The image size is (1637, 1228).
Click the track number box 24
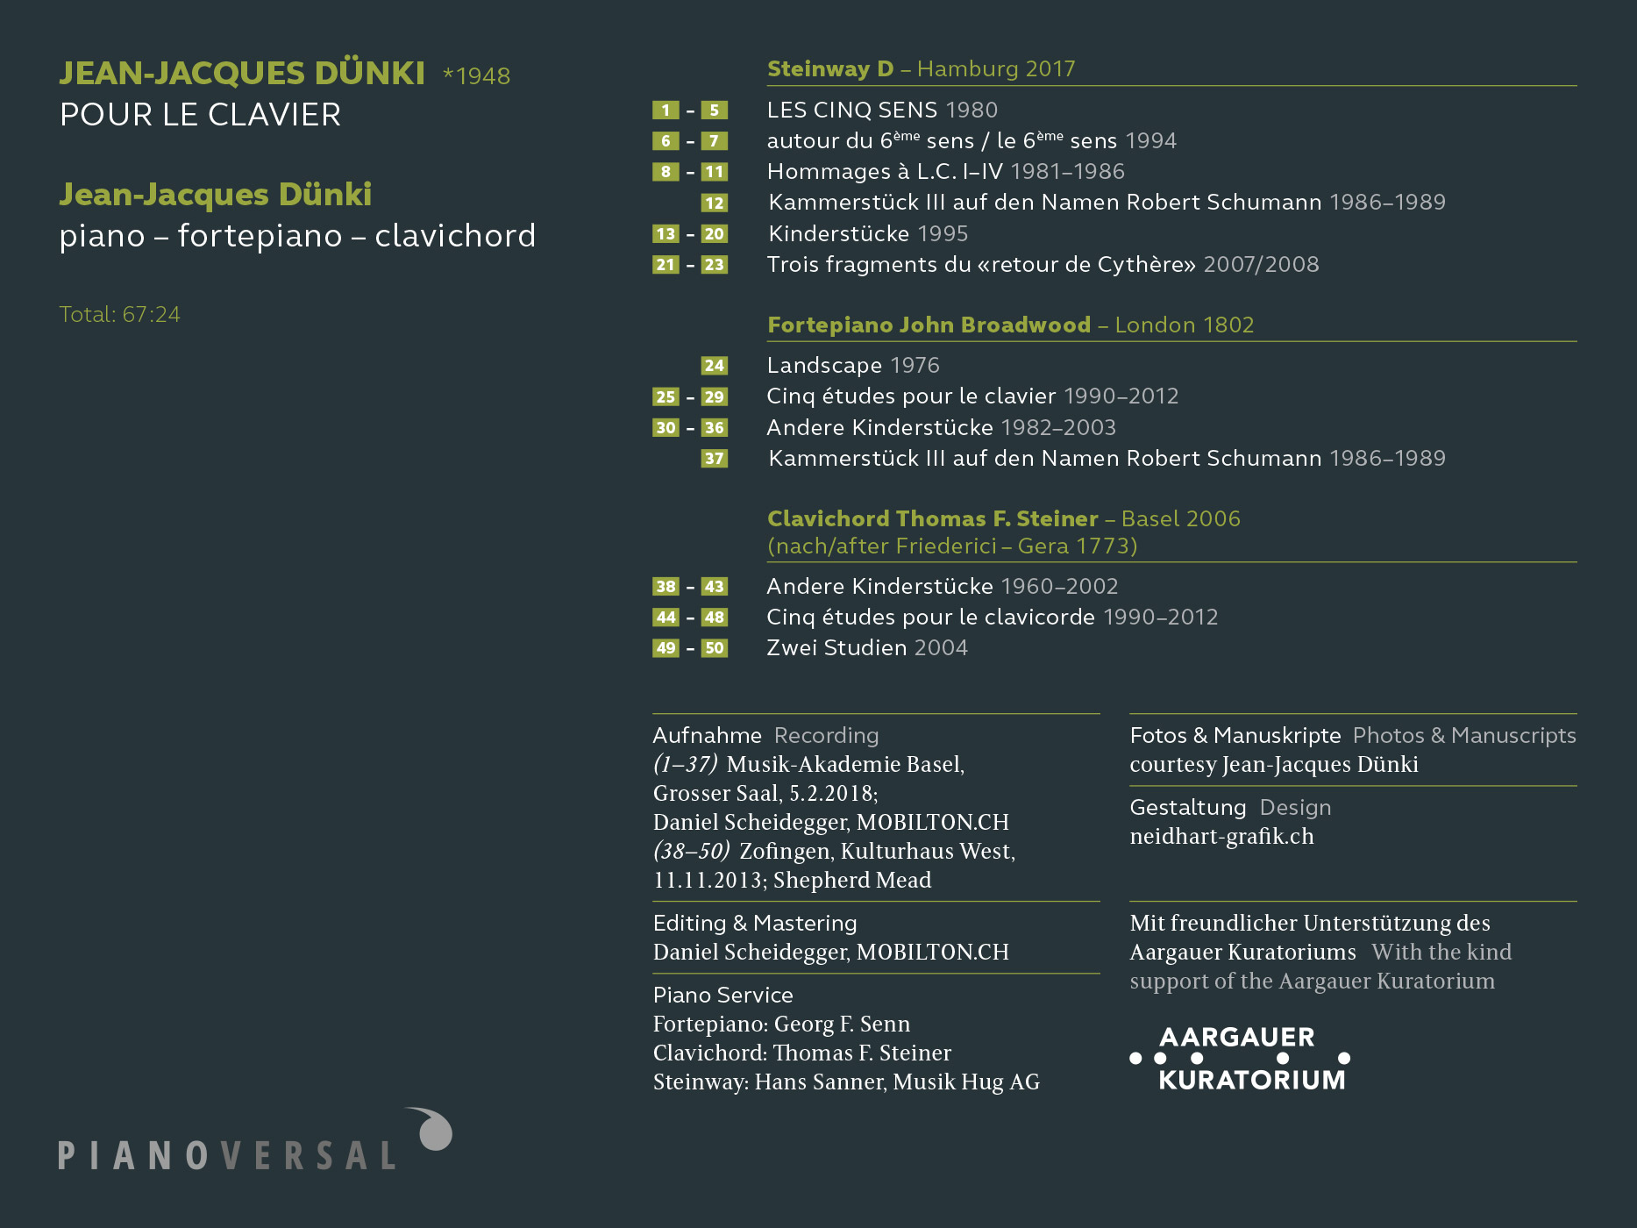coord(714,366)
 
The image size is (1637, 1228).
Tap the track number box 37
coord(714,459)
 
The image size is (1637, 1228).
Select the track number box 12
coord(714,203)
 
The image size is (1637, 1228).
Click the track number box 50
coord(714,648)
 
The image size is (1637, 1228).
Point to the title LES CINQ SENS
coord(852,111)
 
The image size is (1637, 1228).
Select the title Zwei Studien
coord(836,648)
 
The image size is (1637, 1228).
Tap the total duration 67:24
coord(152,315)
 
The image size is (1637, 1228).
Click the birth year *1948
coord(477,76)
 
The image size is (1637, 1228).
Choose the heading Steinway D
coord(830,69)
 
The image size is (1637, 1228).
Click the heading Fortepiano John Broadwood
coord(929,325)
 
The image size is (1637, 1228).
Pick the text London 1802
coord(1185,325)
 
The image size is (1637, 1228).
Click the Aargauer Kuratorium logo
coord(1240,1059)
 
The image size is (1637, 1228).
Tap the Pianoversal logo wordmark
coord(227,1155)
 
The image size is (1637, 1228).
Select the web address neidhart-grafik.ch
coord(1221,837)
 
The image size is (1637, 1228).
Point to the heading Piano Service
coord(722,996)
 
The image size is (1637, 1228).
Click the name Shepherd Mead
coord(851,881)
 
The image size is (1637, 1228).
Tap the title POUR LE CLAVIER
coord(200,115)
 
